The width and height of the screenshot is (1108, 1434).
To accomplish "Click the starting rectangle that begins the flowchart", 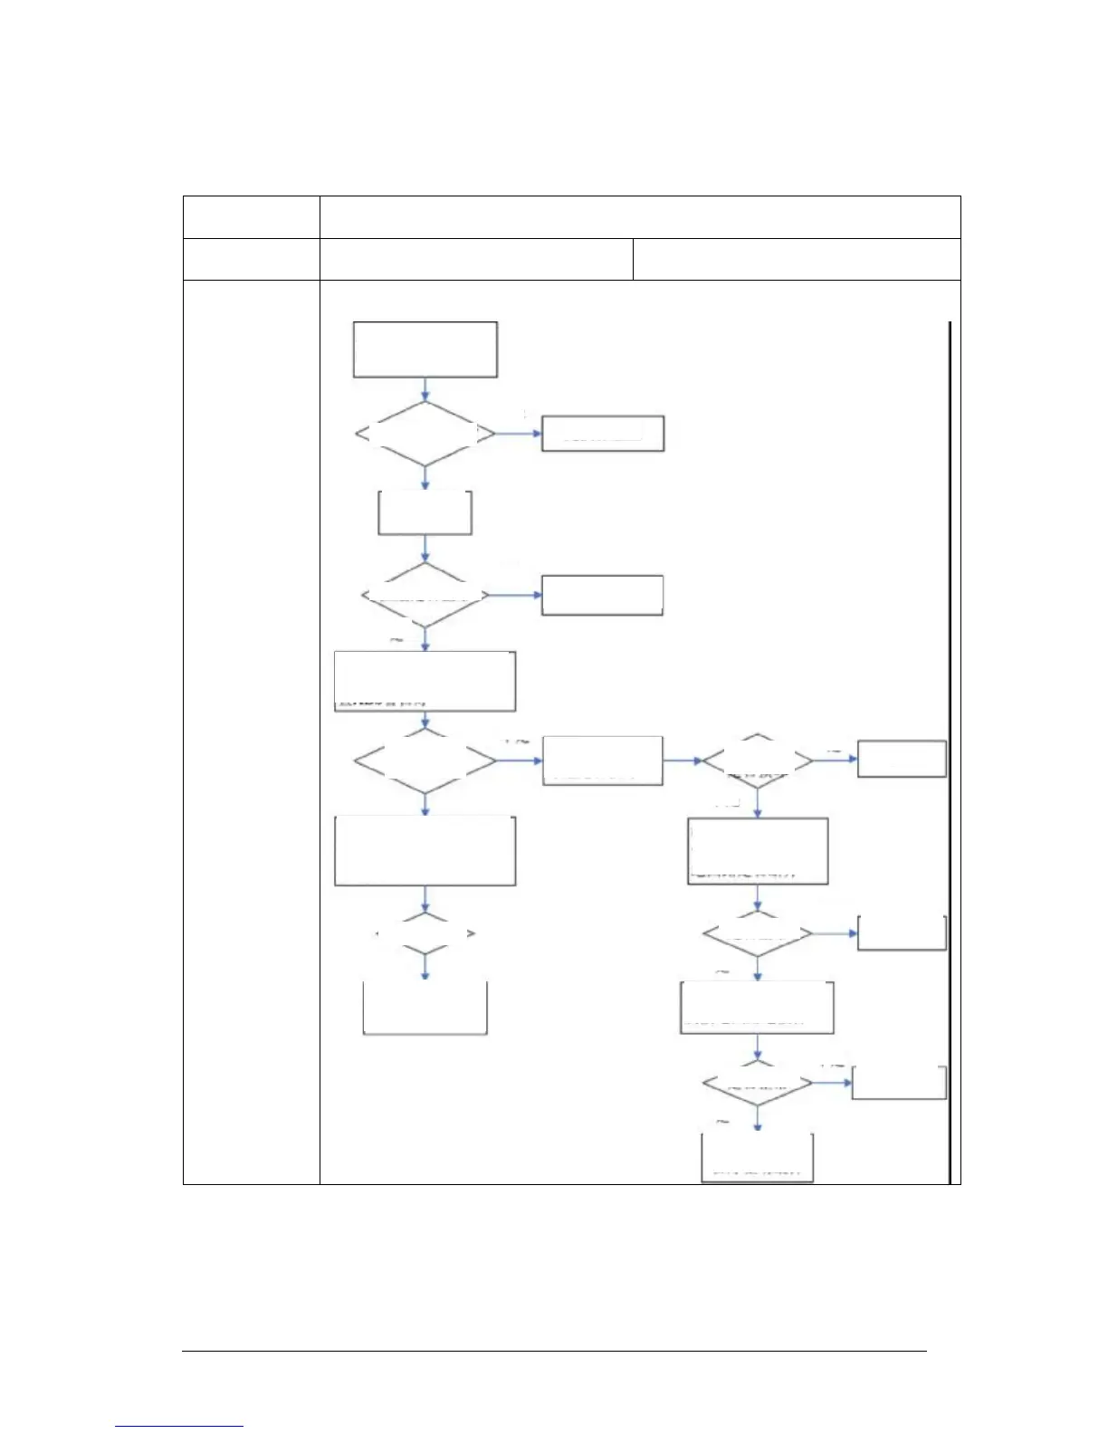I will (x=425, y=349).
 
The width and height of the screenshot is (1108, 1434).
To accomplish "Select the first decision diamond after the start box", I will (x=425, y=435).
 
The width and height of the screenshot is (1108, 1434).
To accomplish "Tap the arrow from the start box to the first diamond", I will (x=425, y=389).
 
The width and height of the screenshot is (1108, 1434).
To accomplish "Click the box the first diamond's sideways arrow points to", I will (x=603, y=434).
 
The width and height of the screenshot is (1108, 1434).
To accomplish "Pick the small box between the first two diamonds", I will (x=425, y=513).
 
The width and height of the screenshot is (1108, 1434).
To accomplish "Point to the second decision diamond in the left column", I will (x=425, y=596).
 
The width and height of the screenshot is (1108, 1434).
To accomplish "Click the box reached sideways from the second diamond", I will (x=603, y=595).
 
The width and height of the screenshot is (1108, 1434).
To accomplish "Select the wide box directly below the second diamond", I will (x=425, y=681).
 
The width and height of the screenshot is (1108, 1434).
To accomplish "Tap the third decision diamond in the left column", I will (x=425, y=761).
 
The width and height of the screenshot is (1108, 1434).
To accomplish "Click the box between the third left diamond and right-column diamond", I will (x=603, y=760).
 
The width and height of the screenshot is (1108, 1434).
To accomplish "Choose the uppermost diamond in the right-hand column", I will (x=758, y=761).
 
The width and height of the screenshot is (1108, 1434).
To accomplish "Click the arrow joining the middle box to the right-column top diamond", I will (x=683, y=761).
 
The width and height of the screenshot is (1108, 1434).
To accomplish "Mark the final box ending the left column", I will (x=425, y=1008).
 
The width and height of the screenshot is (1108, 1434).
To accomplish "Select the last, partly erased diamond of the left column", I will (x=425, y=933).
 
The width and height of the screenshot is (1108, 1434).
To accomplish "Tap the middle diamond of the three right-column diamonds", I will (x=758, y=933).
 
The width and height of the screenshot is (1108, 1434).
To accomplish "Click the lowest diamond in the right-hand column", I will (x=758, y=1083).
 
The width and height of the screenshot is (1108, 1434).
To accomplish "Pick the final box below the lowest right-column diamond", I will (x=758, y=1157).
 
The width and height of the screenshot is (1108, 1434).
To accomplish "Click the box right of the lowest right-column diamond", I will (x=900, y=1083).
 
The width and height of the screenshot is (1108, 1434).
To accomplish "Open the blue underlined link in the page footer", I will (x=180, y=1427).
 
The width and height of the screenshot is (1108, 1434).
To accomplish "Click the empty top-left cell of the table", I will (x=251, y=217).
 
